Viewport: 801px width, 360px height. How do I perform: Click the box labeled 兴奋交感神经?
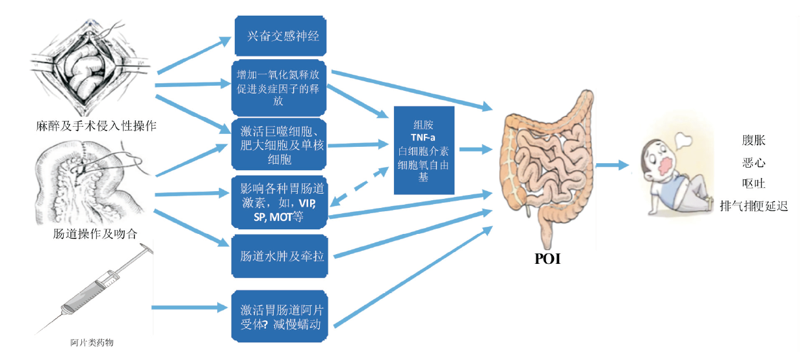[x=280, y=36]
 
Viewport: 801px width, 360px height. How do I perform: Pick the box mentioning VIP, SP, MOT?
[x=280, y=201]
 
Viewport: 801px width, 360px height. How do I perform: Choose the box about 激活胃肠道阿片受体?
[x=280, y=316]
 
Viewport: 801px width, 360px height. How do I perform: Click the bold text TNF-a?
[x=423, y=138]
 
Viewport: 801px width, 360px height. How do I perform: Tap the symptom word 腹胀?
[x=754, y=140]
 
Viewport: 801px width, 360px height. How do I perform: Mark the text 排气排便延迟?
[x=754, y=207]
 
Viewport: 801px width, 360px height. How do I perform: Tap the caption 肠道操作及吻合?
[x=95, y=233]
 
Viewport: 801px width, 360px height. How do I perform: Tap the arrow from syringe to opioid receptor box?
[x=189, y=305]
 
